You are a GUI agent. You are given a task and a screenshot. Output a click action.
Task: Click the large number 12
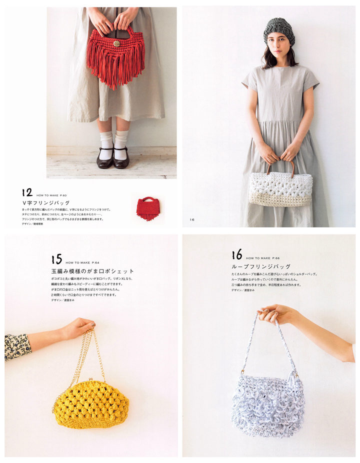27,192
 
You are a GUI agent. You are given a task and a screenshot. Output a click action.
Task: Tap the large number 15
56,259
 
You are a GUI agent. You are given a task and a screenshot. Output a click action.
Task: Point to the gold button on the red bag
117,43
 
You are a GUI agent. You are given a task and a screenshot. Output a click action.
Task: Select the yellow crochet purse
90,403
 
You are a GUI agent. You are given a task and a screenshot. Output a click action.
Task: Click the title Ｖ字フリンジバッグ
45,202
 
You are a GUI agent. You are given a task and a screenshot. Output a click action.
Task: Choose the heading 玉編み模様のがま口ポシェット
92,271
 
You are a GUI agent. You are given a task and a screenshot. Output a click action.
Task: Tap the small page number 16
192,219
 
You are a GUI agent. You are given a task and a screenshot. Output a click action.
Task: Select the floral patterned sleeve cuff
17,346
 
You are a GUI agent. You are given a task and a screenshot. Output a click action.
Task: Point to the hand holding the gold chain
77,328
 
